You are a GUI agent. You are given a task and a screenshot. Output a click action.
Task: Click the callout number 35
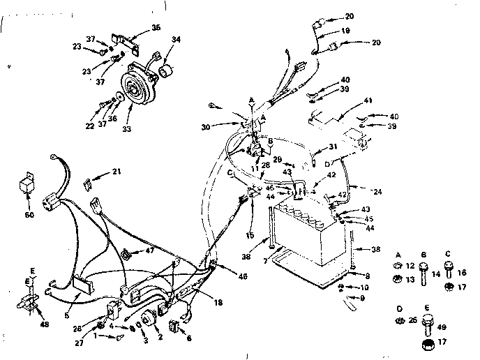pos(156,29)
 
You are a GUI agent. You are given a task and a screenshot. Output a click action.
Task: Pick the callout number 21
pos(117,171)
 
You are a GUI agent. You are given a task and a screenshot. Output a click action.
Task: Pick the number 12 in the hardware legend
pos(410,265)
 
